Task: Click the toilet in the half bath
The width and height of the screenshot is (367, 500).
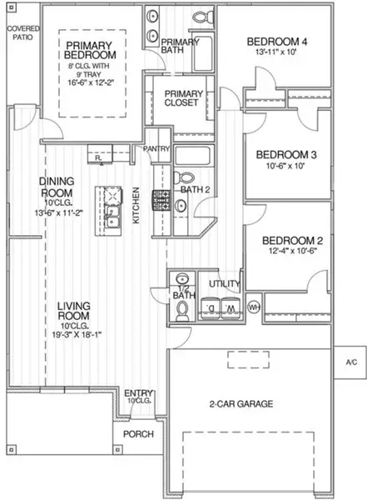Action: pyautogui.click(x=182, y=309)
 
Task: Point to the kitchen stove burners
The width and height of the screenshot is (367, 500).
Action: pyautogui.click(x=160, y=200)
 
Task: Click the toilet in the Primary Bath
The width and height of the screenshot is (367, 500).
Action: pyautogui.click(x=200, y=17)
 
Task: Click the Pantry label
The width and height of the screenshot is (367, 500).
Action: pyautogui.click(x=157, y=149)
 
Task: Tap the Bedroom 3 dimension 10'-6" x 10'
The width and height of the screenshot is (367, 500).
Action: pyautogui.click(x=275, y=166)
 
